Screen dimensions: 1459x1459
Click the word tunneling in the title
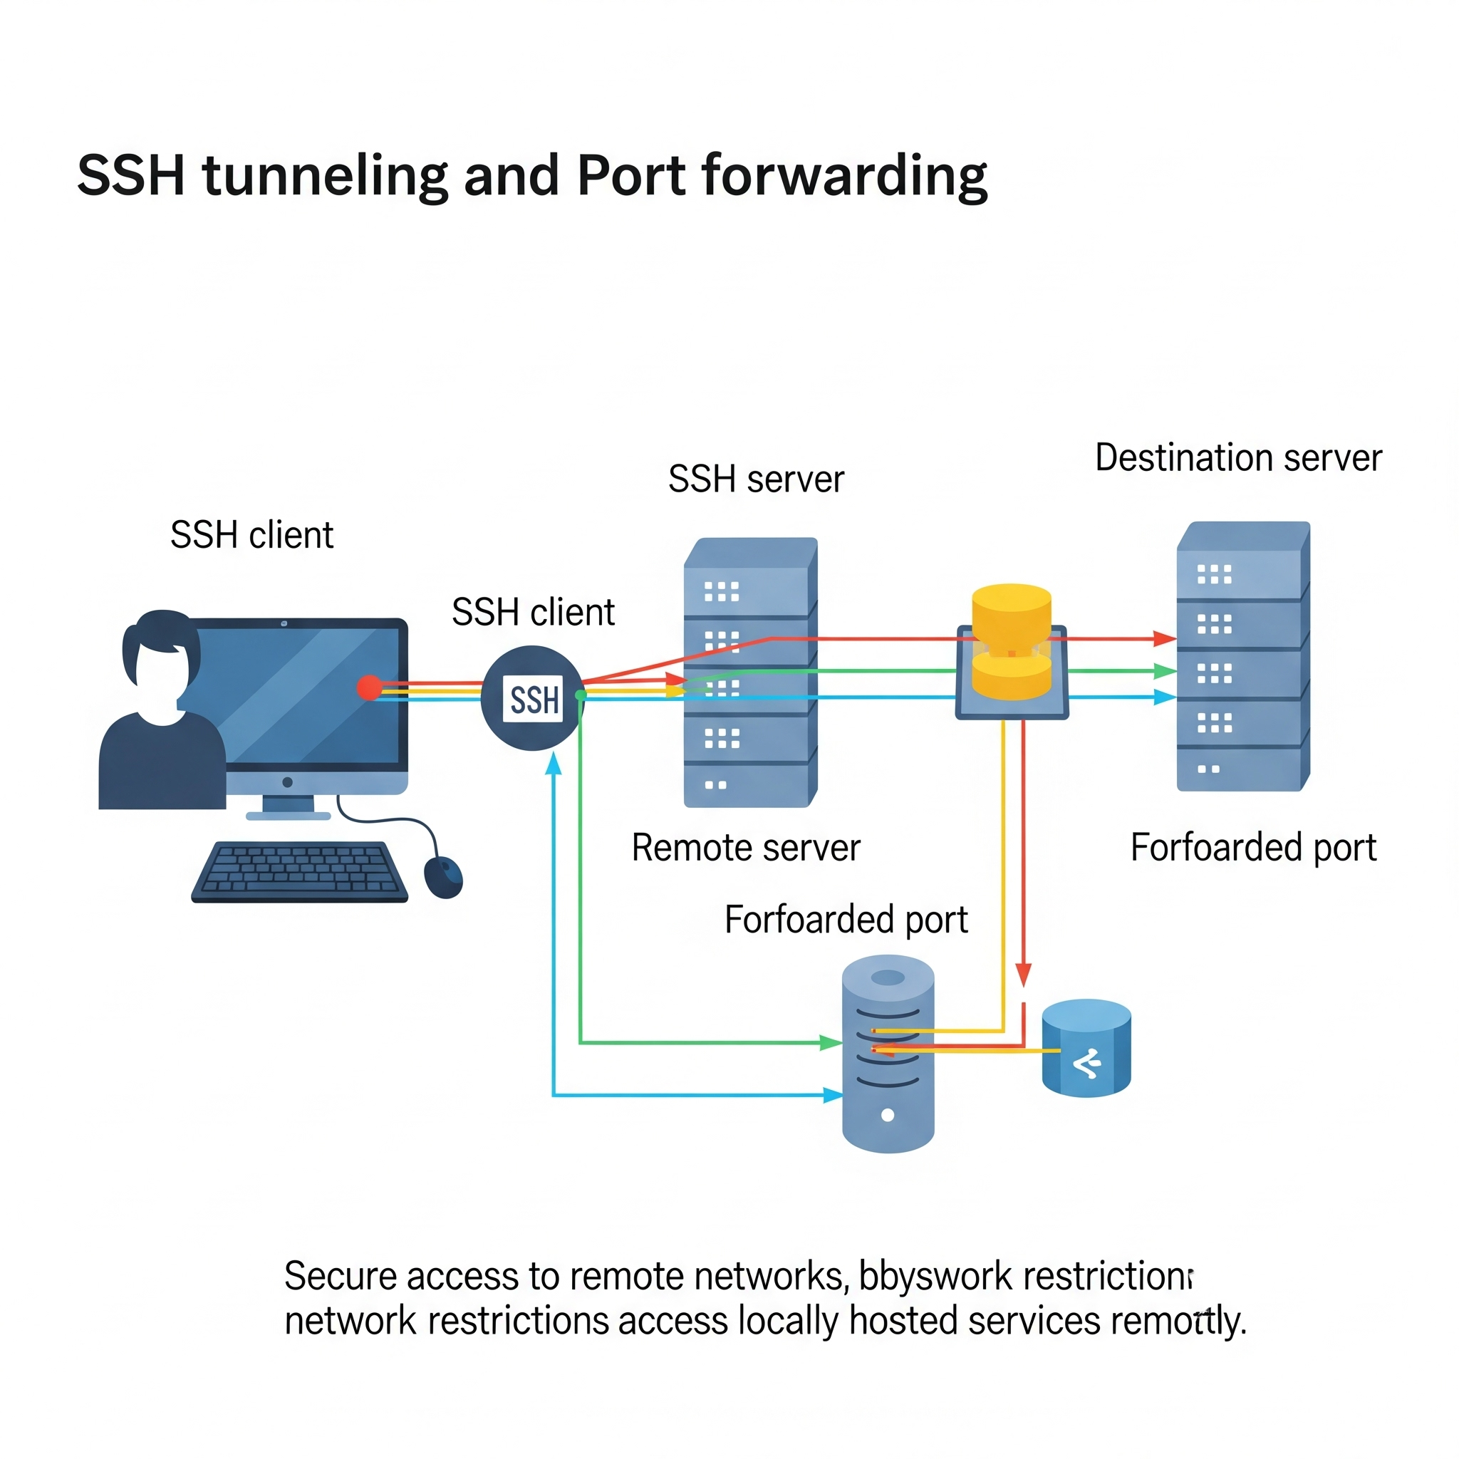325,175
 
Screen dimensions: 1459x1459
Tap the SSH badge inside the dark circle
533,700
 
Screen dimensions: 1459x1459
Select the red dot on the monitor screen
368,688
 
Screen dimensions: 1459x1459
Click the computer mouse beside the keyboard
443,877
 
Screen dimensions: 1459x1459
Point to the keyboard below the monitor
300,871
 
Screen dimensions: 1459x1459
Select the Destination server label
1237,457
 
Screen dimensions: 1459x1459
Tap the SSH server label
756,479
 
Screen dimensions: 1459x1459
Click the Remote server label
745,847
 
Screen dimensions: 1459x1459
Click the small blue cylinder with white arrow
1086,1048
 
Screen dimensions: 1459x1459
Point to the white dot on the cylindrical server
888,1115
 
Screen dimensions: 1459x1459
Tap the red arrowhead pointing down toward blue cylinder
1023,974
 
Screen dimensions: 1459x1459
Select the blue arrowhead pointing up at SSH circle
554,764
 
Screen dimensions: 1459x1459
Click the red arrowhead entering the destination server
1165,639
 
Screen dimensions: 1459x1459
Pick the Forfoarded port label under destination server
1253,847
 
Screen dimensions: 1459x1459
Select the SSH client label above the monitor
251,535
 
